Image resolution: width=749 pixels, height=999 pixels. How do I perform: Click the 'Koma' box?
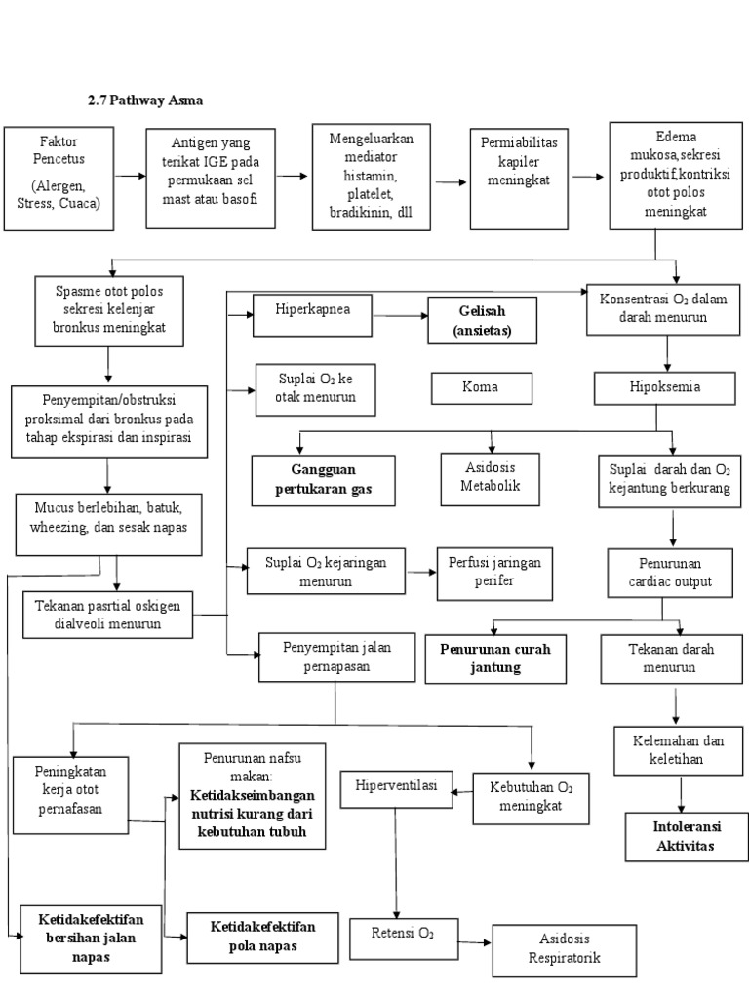482,387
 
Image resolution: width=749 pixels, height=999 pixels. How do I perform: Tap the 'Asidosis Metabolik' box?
490,478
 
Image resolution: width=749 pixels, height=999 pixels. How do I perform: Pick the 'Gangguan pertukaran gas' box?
323,480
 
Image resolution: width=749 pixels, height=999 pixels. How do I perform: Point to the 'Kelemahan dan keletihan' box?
673,751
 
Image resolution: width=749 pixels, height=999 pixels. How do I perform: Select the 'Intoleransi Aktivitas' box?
685,836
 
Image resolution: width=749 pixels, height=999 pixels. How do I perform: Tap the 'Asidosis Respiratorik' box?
564,947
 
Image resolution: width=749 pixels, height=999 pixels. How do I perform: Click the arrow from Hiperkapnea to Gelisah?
400,316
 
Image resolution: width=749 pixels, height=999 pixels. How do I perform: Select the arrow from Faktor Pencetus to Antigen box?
129,177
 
